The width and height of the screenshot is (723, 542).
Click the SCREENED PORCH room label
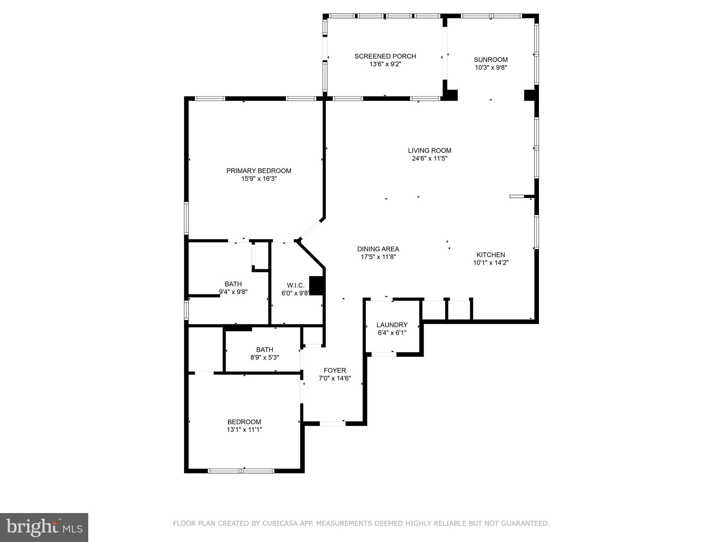click(x=385, y=56)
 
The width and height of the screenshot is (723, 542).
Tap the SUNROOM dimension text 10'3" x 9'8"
click(x=491, y=67)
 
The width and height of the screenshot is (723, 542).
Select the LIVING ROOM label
click(x=430, y=151)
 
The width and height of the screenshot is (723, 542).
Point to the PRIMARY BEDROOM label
click(x=259, y=171)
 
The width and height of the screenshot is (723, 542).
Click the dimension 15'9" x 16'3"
click(x=259, y=179)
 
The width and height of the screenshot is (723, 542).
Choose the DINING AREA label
click(x=378, y=249)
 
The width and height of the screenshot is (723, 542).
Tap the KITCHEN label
click(x=491, y=255)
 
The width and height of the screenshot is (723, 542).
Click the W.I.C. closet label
click(x=295, y=285)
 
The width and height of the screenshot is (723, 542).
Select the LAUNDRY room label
click(x=392, y=325)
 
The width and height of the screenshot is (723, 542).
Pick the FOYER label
click(x=335, y=371)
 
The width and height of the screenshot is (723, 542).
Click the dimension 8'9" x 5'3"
click(x=264, y=357)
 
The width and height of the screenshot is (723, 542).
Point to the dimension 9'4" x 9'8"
click(x=233, y=292)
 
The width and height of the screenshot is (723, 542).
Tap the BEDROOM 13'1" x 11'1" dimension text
click(x=244, y=430)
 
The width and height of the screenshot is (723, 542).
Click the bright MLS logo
click(x=44, y=527)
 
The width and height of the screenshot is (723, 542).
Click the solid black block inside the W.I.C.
click(x=317, y=285)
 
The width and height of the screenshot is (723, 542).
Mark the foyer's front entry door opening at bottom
click(x=333, y=423)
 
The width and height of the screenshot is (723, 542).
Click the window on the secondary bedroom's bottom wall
click(x=241, y=471)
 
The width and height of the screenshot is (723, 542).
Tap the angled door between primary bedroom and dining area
click(x=311, y=229)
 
